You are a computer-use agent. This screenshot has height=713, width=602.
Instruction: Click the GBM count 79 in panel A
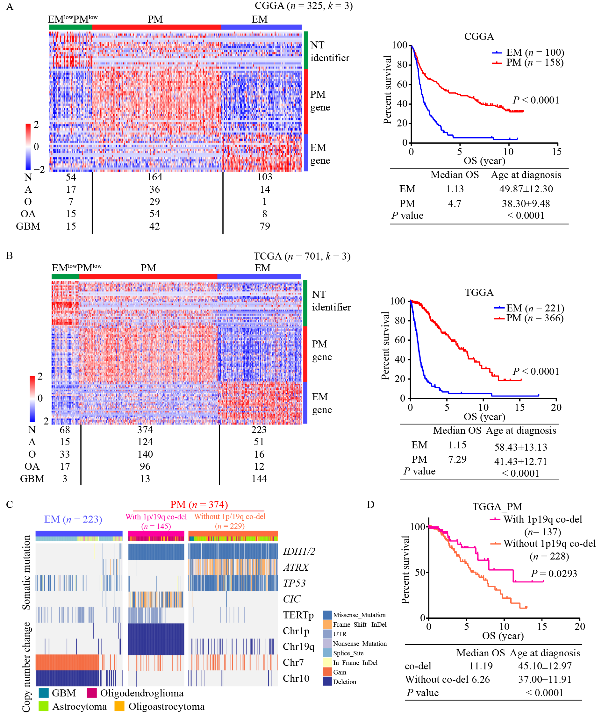pos(264,226)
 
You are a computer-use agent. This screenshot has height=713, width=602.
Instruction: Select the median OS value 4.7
pos(454,204)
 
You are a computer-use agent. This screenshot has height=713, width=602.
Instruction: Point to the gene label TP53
pos(294,583)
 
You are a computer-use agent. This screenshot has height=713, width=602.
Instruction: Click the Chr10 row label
pos(296,678)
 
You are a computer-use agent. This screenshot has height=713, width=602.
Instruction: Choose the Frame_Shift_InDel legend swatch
pos(327,624)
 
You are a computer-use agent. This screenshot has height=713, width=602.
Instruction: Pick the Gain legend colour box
pos(327,672)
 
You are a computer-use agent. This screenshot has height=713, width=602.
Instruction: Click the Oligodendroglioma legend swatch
pos(92,693)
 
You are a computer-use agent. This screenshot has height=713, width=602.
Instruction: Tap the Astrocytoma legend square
pos(43,706)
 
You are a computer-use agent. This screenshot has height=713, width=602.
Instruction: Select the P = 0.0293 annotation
pos(554,574)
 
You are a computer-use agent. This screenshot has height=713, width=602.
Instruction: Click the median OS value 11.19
pos(481,666)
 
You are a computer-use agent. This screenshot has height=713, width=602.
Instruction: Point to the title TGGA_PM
pos(497,507)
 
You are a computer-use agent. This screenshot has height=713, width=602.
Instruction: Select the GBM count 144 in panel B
pos(259,479)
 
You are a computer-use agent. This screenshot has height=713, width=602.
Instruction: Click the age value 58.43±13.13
pos(520,447)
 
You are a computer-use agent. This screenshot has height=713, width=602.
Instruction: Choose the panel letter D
pos(371,504)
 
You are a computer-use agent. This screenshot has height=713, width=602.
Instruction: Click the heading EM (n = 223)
pos(73,519)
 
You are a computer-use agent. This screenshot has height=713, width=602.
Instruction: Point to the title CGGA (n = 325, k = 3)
pos(303,6)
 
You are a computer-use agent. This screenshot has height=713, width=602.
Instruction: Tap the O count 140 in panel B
pos(145,454)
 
